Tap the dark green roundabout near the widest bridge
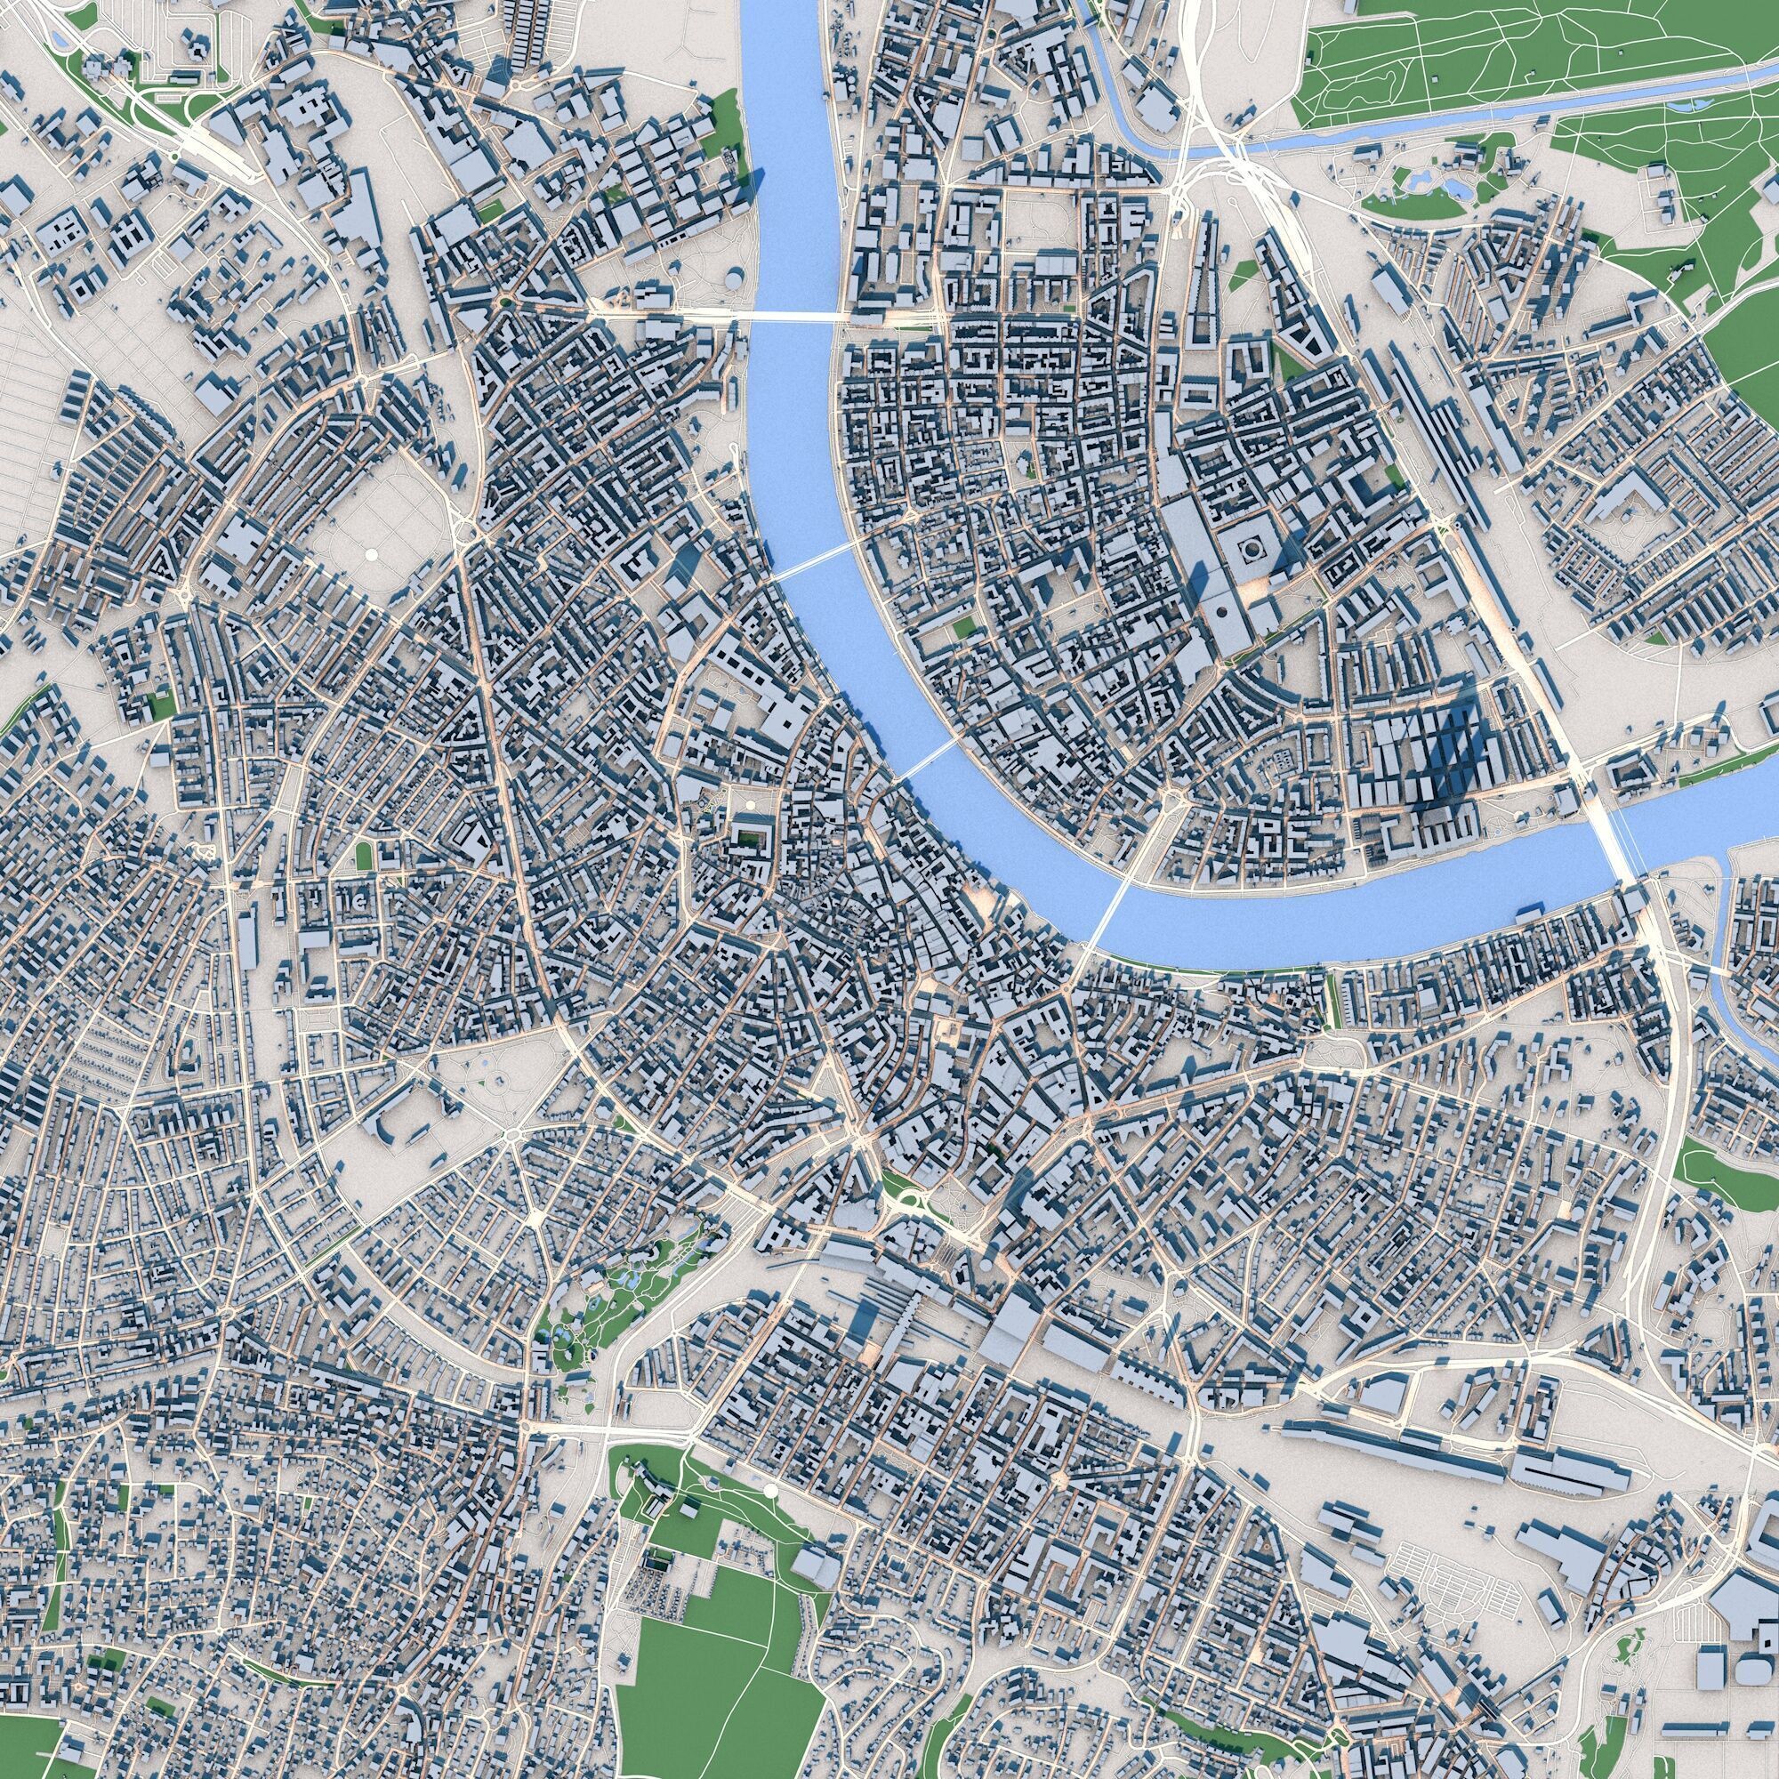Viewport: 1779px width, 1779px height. pyautogui.click(x=504, y=302)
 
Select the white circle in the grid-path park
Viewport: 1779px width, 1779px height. pyautogui.click(x=371, y=553)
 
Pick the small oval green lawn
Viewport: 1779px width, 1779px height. pyautogui.click(x=365, y=856)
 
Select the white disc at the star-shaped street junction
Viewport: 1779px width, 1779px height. pyautogui.click(x=533, y=1215)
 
